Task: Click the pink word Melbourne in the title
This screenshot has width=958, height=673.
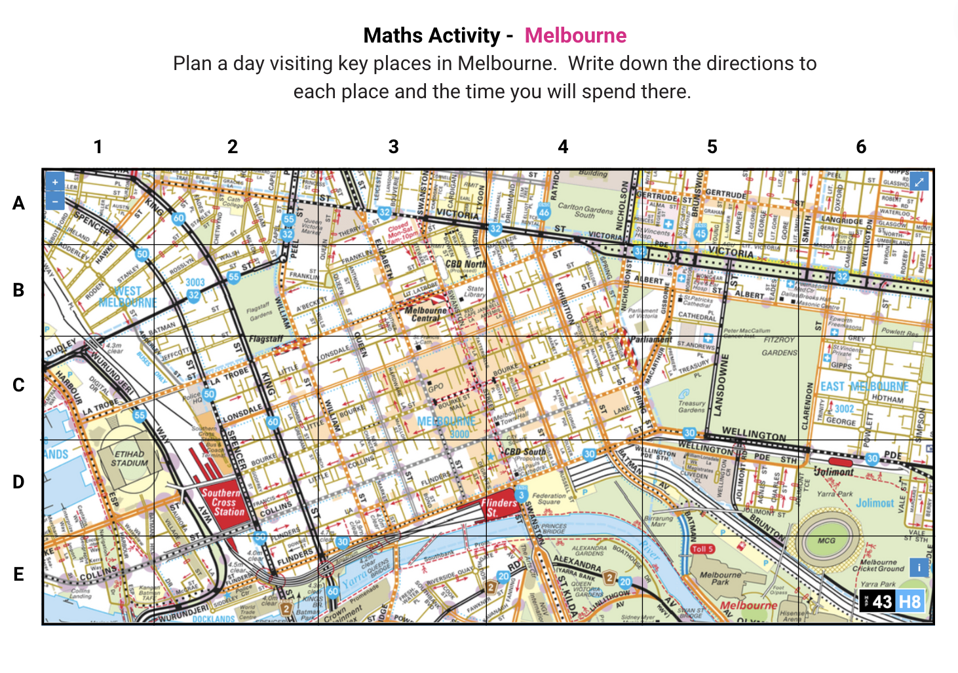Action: point(575,35)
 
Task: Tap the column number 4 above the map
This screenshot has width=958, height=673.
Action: point(563,147)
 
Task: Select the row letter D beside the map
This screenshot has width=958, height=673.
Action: point(18,482)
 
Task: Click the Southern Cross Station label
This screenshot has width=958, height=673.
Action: point(223,502)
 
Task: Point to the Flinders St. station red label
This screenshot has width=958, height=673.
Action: point(499,507)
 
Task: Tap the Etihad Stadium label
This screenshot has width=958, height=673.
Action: point(129,458)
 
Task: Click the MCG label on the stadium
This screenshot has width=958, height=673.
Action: point(826,541)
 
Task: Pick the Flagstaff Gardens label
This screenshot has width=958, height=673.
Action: point(259,310)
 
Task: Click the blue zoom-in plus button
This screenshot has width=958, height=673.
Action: point(55,182)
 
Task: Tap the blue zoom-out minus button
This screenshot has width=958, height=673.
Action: point(55,200)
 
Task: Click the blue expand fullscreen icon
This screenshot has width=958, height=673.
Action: point(919,181)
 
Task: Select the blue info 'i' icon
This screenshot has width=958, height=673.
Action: point(919,567)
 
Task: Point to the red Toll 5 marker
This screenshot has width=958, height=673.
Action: point(702,549)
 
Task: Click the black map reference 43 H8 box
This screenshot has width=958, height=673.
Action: point(892,602)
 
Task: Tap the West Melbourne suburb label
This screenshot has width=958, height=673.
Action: point(128,297)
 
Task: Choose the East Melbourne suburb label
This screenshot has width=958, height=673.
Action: point(864,387)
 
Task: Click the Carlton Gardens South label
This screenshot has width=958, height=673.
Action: point(584,210)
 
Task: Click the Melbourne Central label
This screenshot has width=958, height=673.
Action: point(426,314)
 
